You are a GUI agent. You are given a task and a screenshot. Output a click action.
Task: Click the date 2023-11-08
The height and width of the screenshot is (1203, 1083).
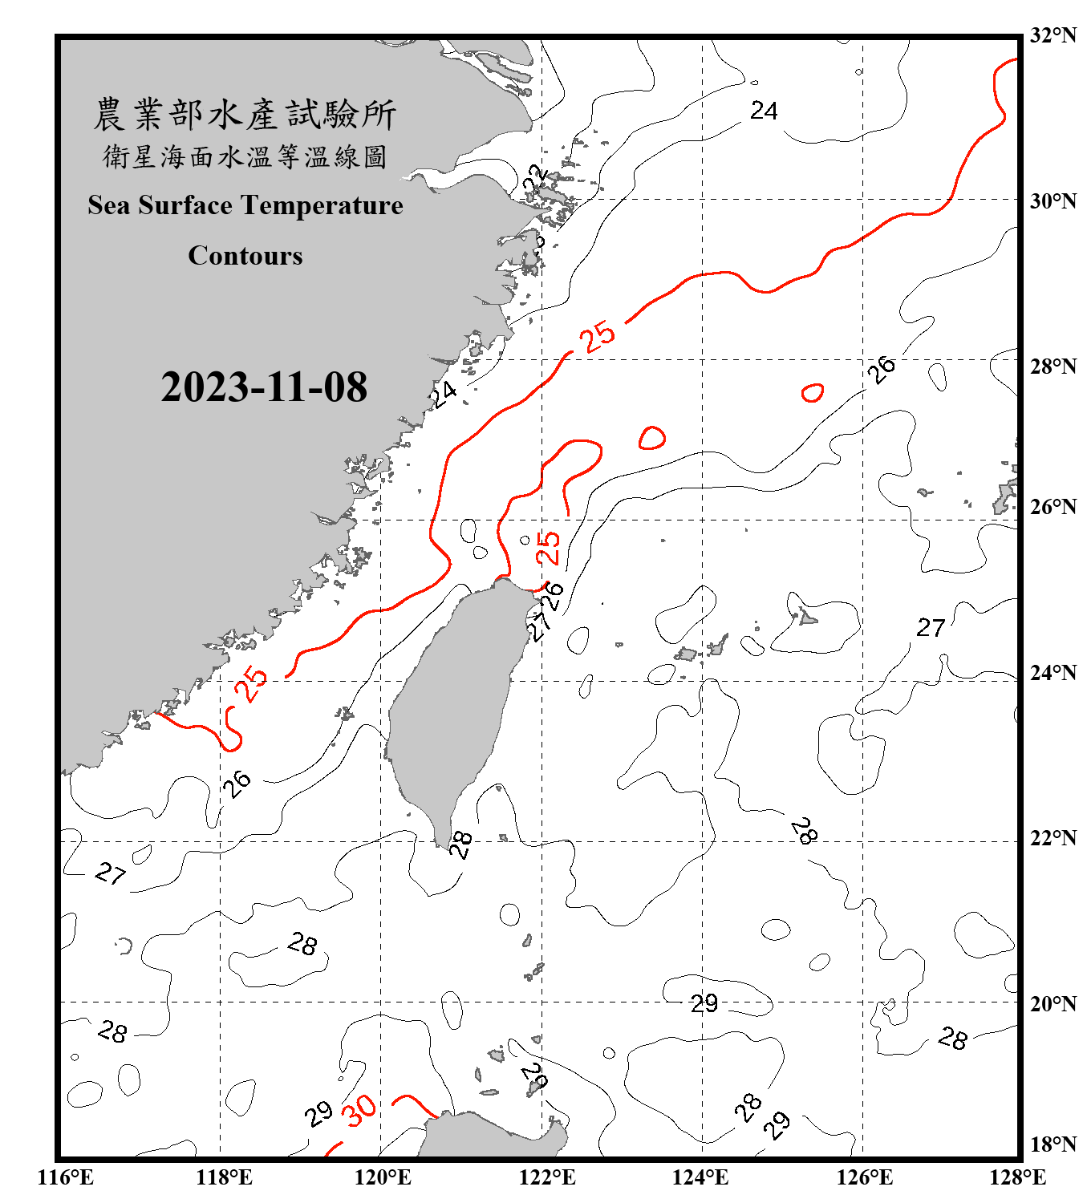click(x=264, y=387)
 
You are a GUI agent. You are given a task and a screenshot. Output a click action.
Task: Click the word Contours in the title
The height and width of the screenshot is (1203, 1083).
click(x=245, y=256)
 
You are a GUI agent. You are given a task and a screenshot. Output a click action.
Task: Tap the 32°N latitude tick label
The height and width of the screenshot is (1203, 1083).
click(x=1053, y=35)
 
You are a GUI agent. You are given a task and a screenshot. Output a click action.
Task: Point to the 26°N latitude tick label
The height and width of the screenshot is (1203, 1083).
click(x=1053, y=507)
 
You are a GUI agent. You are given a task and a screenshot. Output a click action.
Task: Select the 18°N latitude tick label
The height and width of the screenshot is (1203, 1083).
click(x=1053, y=1144)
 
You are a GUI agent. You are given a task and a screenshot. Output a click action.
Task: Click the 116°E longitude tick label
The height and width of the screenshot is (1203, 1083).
click(x=65, y=1177)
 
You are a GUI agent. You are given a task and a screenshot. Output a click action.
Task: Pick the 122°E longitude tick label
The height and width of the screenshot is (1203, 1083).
click(x=547, y=1177)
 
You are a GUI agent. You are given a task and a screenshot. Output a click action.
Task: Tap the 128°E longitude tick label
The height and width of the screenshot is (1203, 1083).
click(x=1017, y=1177)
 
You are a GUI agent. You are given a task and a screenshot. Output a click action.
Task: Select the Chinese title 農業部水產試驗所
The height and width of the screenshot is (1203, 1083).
click(x=245, y=115)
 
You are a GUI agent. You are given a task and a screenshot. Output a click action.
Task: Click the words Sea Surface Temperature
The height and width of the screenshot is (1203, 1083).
click(x=245, y=205)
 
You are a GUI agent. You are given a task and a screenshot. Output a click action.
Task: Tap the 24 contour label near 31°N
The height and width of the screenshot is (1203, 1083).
click(x=764, y=111)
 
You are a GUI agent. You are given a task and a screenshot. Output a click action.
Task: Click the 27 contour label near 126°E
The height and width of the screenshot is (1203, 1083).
click(x=931, y=627)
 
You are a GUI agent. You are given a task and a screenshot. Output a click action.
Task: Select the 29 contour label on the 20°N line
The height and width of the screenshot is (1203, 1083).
click(x=704, y=1003)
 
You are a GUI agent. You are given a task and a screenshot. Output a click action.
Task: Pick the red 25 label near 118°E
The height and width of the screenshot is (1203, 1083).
click(x=251, y=683)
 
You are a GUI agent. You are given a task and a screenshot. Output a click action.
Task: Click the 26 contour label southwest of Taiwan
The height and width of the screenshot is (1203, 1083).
click(x=237, y=783)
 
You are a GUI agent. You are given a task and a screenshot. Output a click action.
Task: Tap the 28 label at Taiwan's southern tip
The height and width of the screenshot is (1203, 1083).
click(x=460, y=844)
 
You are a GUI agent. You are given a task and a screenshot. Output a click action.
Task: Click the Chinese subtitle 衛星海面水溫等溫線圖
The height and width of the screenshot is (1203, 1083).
click(x=245, y=156)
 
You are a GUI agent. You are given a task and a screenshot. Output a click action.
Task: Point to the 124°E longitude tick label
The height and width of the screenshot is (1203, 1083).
click(x=700, y=1177)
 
